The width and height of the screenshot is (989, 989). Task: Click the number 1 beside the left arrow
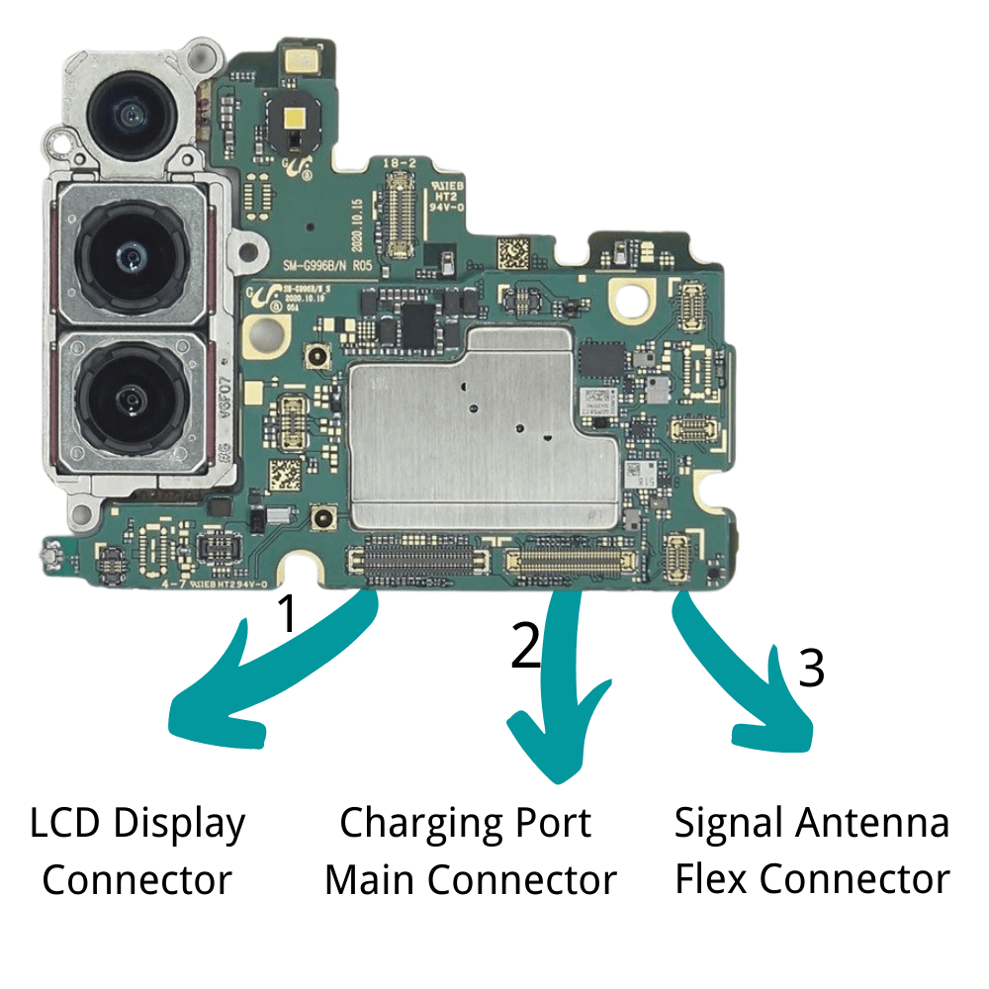pyautogui.click(x=286, y=613)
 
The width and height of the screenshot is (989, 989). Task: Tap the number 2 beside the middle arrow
pyautogui.click(x=526, y=648)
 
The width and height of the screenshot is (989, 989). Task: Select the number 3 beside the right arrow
pyautogui.click(x=811, y=669)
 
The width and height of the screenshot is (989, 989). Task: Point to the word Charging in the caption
pyautogui.click(x=416, y=824)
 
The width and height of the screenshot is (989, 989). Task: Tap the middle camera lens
pyautogui.click(x=130, y=256)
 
